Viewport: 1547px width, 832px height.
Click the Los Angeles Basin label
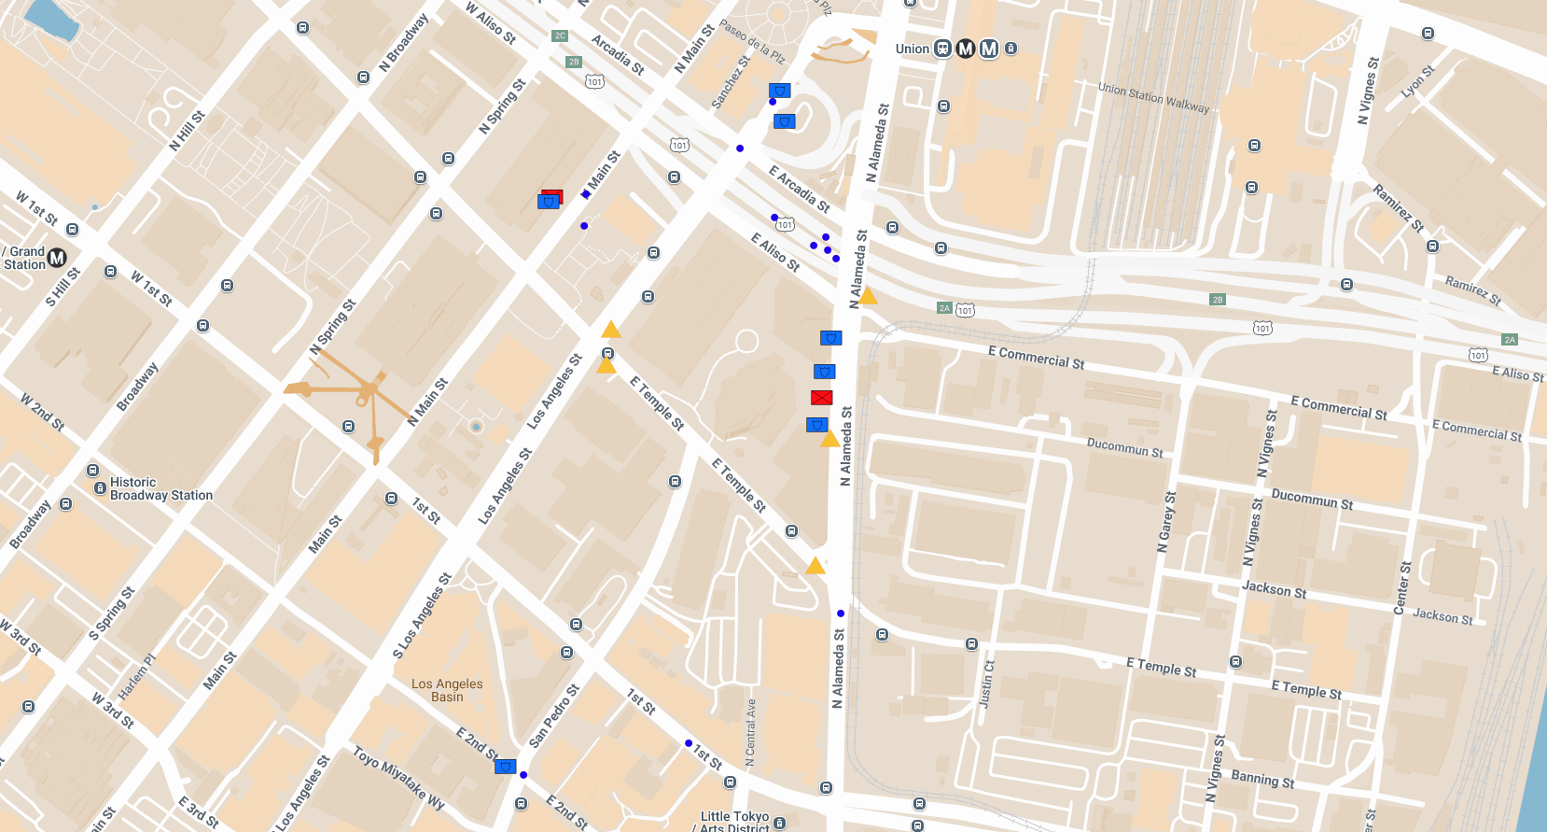coord(447,690)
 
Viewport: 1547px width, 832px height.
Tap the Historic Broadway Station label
coord(160,489)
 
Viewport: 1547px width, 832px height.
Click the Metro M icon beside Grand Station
coord(57,258)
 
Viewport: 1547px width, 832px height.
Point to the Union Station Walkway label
coord(1153,97)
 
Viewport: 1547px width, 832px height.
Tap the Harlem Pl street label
coord(136,675)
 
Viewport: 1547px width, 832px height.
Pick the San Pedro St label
coord(554,716)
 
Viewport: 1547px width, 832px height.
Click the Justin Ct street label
coord(986,684)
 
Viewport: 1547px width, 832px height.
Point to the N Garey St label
coord(1166,522)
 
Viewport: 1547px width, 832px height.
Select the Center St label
coord(1401,588)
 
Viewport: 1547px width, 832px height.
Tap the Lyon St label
coord(1417,81)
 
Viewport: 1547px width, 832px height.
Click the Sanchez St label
coord(731,82)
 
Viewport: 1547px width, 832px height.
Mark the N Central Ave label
coord(750,732)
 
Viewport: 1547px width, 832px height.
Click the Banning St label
coord(1262,779)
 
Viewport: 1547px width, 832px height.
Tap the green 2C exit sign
coord(560,35)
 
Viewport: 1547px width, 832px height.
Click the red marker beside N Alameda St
coord(821,398)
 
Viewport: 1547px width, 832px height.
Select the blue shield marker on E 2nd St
coord(505,767)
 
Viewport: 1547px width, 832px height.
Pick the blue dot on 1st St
coord(689,743)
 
